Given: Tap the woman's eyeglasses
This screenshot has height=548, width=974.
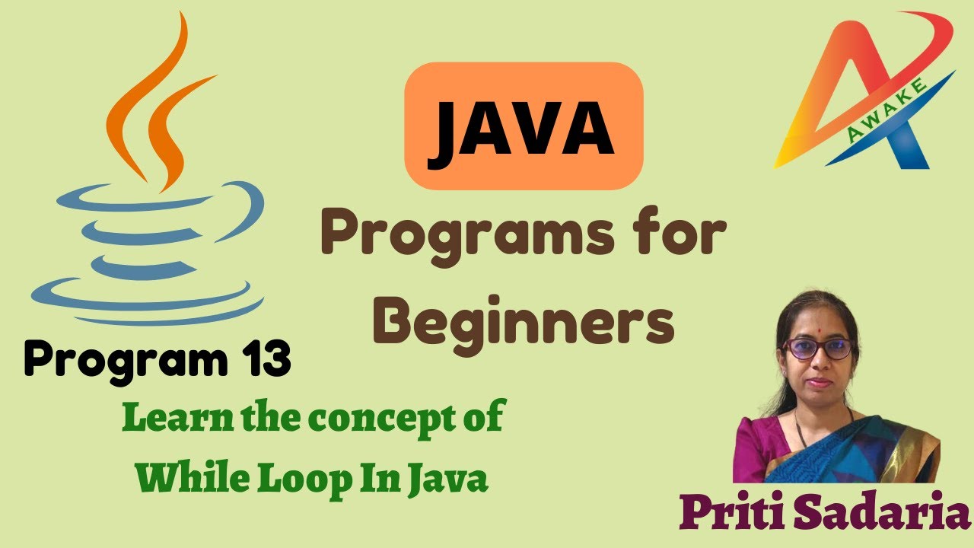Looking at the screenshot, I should coord(818,349).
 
